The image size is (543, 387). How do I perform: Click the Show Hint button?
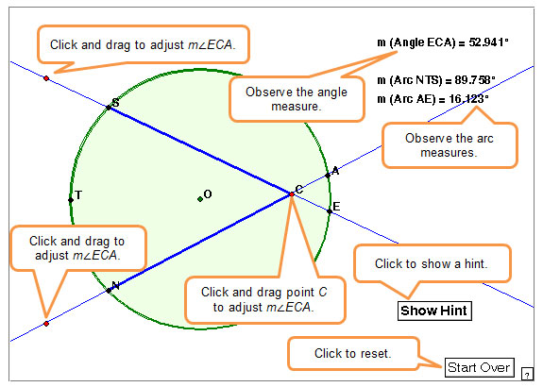(434, 311)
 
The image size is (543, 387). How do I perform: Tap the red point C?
(292, 194)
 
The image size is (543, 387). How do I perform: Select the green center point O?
(200, 199)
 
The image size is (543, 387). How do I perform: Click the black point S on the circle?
(109, 108)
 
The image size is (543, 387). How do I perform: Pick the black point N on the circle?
(109, 291)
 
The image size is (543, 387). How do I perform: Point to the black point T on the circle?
(71, 200)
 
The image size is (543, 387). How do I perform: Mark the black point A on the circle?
(328, 176)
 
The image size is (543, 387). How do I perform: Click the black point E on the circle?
(330, 211)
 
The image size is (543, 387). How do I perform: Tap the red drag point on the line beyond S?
(46, 78)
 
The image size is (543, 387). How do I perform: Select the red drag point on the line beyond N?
(46, 324)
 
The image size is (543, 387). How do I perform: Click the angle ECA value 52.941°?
(488, 42)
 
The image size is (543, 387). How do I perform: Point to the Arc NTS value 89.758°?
(475, 80)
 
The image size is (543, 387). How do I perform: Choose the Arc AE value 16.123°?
(468, 99)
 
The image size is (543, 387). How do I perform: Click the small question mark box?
(527, 374)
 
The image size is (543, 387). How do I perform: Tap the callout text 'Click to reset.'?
(352, 353)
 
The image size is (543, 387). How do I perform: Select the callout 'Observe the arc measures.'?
(450, 145)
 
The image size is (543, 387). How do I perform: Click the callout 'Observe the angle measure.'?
(297, 99)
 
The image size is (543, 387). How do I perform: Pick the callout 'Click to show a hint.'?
(432, 263)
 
